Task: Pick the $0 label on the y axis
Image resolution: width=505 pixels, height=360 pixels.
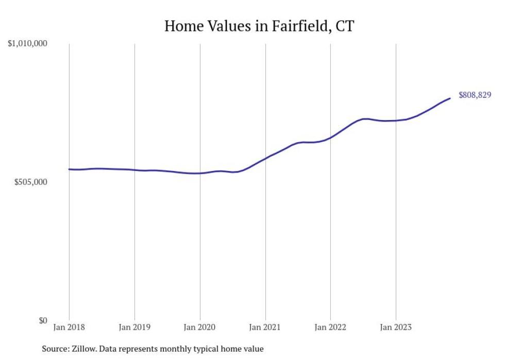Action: [43, 320]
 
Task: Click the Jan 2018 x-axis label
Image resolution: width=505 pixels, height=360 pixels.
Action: [69, 327]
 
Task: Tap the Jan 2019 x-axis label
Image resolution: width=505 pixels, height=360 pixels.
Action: [134, 327]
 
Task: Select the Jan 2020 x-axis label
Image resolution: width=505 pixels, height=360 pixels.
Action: [200, 327]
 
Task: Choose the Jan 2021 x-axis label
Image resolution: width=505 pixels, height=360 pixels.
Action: [265, 327]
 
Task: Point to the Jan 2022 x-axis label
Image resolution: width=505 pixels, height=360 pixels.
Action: [330, 327]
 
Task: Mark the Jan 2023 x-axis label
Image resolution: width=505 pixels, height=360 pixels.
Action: [396, 327]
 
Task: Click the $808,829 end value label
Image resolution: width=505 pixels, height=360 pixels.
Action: [475, 95]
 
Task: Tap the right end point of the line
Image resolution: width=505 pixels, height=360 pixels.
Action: [450, 98]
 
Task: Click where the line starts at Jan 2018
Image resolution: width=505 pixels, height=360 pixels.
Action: [70, 169]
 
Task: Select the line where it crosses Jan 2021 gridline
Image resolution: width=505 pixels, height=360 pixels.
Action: [265, 158]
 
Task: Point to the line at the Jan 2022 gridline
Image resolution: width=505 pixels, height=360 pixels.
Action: [330, 138]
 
